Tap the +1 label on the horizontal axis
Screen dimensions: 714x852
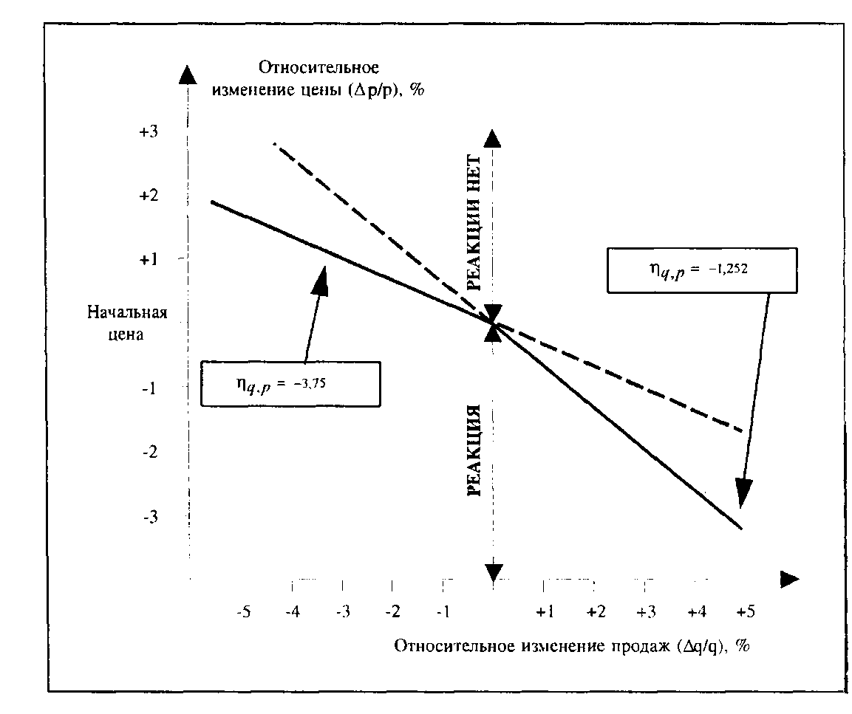[545, 612]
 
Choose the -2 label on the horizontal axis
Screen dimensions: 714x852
[393, 612]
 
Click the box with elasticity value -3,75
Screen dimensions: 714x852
[290, 384]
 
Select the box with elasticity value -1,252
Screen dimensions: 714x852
[702, 270]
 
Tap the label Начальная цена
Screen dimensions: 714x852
[128, 322]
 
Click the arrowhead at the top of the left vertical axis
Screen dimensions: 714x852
[189, 75]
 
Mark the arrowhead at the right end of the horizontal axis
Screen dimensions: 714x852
[789, 579]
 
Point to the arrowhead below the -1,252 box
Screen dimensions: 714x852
[743, 492]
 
